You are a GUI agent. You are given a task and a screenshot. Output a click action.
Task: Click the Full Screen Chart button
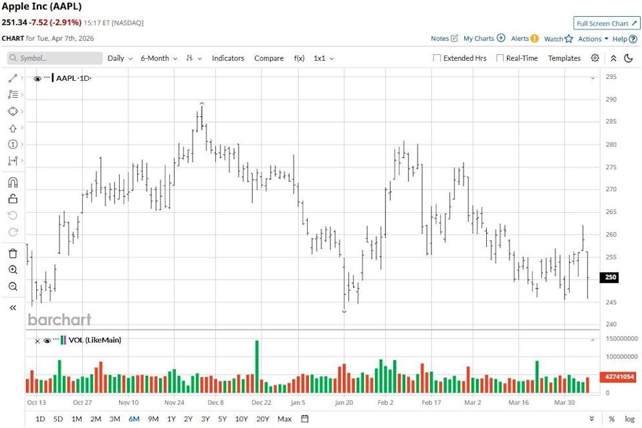(x=607, y=23)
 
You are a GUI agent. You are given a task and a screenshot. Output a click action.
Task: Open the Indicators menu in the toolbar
(x=228, y=58)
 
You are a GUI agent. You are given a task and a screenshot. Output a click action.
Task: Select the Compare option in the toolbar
(x=269, y=58)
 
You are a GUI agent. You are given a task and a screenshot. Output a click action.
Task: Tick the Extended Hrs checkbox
(x=437, y=58)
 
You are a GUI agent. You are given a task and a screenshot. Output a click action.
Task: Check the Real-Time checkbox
(x=500, y=58)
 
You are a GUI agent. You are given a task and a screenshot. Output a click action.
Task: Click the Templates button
(x=564, y=58)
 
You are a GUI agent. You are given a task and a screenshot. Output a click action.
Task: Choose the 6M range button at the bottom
(x=134, y=419)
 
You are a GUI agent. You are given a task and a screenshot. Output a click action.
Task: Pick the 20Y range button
(x=263, y=419)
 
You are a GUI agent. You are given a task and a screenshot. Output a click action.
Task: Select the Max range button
(x=284, y=419)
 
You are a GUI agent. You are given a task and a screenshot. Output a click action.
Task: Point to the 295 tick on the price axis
(x=611, y=77)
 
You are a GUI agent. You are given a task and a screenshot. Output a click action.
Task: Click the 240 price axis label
(x=611, y=325)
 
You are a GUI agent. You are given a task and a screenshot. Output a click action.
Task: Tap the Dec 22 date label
(x=261, y=403)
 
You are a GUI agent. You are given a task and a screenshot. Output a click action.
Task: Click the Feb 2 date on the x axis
(x=386, y=403)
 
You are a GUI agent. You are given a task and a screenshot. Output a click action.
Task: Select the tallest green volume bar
(x=256, y=366)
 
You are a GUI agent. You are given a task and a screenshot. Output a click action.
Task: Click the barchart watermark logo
(x=60, y=320)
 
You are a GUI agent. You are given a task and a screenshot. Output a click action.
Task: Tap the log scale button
(x=629, y=419)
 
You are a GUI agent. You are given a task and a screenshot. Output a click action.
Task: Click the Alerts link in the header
(x=520, y=39)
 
